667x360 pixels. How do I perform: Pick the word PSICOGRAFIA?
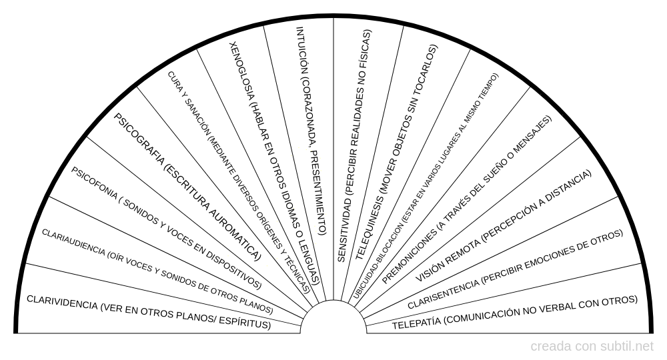137,136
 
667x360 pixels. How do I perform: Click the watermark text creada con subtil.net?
592,347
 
